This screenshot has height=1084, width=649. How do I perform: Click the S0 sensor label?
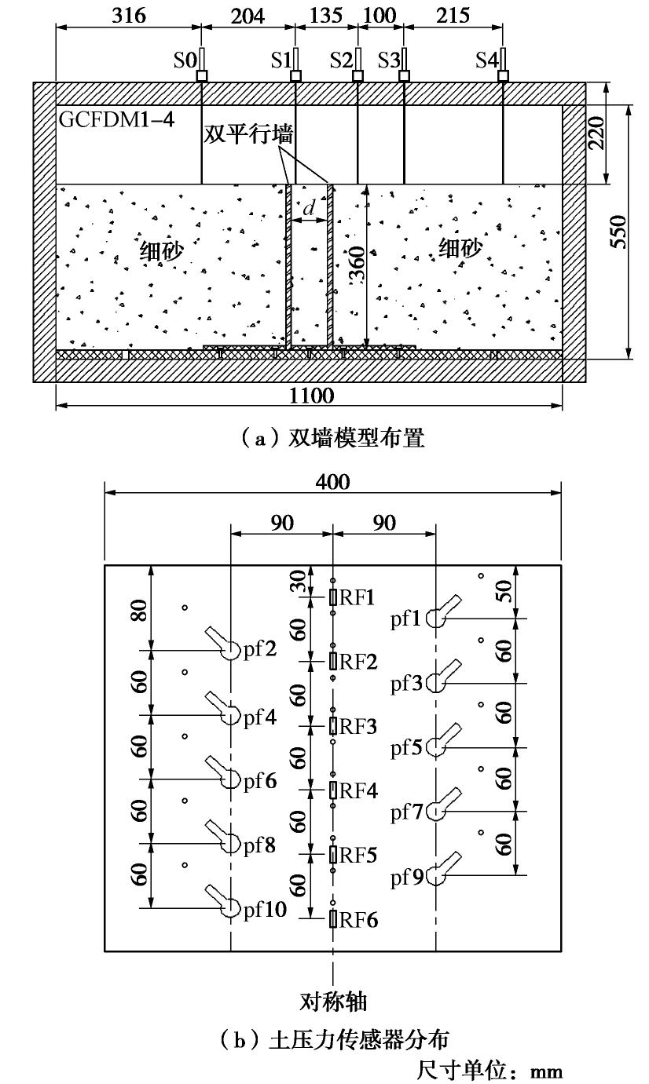click(x=184, y=60)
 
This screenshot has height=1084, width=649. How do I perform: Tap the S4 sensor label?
click(x=486, y=60)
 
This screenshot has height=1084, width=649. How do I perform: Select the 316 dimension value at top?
click(x=129, y=15)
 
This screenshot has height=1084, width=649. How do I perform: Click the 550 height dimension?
click(x=620, y=232)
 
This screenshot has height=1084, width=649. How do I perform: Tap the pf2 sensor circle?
click(x=230, y=650)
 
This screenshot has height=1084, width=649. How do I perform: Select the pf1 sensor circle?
click(x=436, y=619)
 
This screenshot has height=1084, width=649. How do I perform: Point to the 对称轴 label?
click(x=335, y=1002)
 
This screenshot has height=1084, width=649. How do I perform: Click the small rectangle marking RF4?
click(x=334, y=790)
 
